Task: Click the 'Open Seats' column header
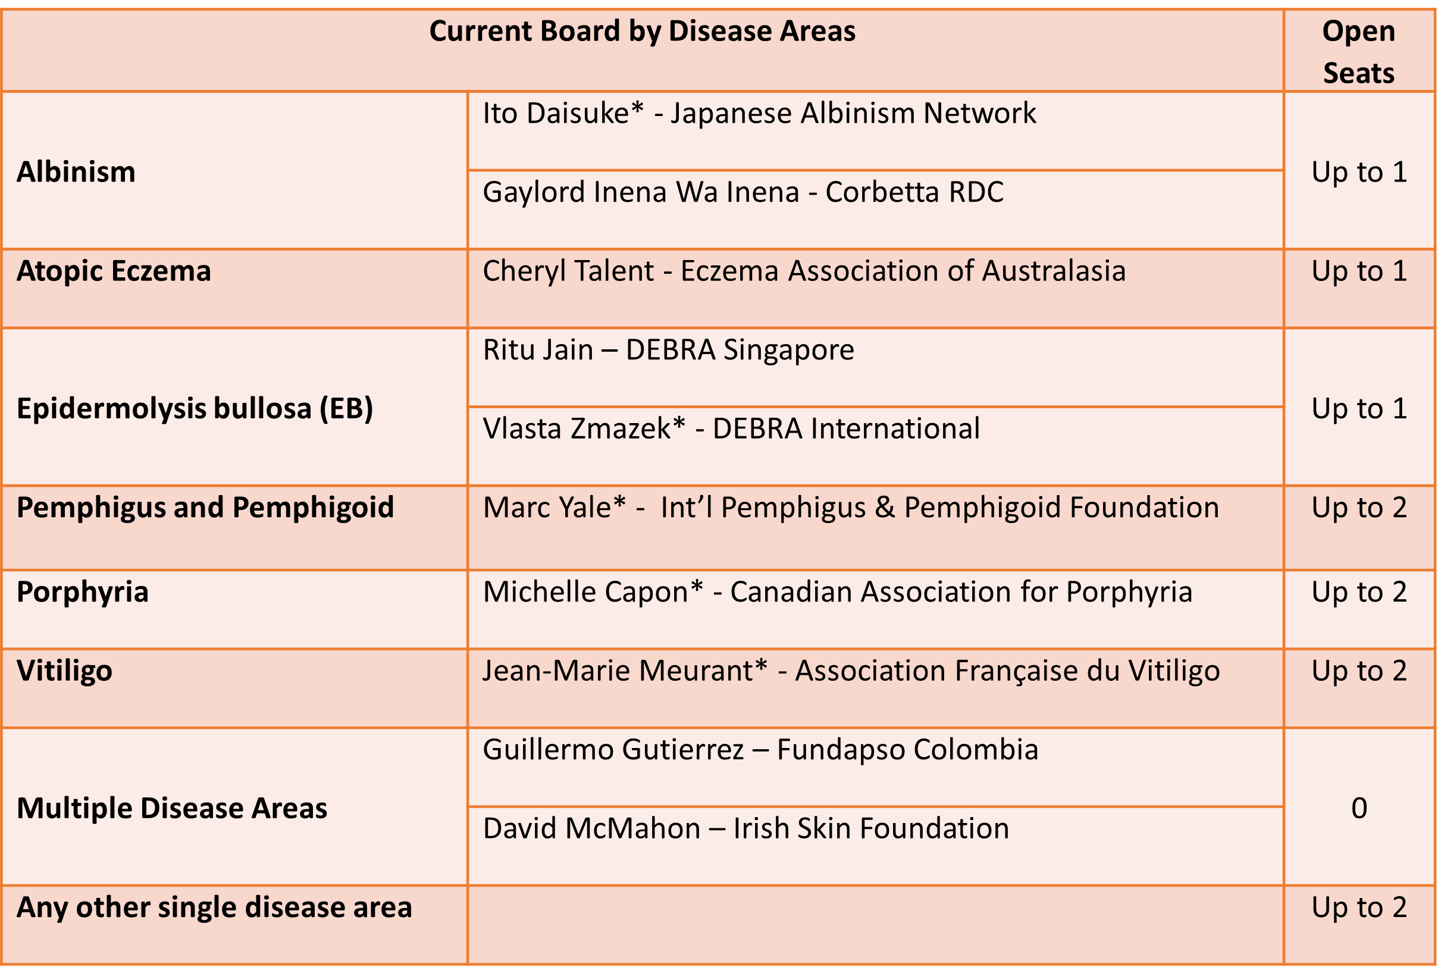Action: (1358, 52)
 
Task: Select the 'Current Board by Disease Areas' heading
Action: (642, 32)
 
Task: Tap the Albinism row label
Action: (76, 171)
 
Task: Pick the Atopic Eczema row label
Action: (114, 271)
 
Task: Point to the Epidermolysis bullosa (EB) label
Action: (195, 408)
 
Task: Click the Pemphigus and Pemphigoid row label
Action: (205, 508)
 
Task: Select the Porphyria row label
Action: (83, 593)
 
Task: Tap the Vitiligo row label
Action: (65, 671)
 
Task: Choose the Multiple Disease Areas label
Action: (172, 808)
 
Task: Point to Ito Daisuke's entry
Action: (759, 114)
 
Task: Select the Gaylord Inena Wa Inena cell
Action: (743, 192)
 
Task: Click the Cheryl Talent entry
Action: (804, 271)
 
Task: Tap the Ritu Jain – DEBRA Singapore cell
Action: (669, 351)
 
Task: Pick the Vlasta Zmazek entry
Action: (731, 428)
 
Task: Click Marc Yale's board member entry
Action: (851, 508)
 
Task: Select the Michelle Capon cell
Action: (837, 593)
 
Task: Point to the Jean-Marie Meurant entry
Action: (851, 671)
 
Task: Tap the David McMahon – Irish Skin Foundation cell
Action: (745, 828)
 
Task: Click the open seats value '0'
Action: (1359, 808)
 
